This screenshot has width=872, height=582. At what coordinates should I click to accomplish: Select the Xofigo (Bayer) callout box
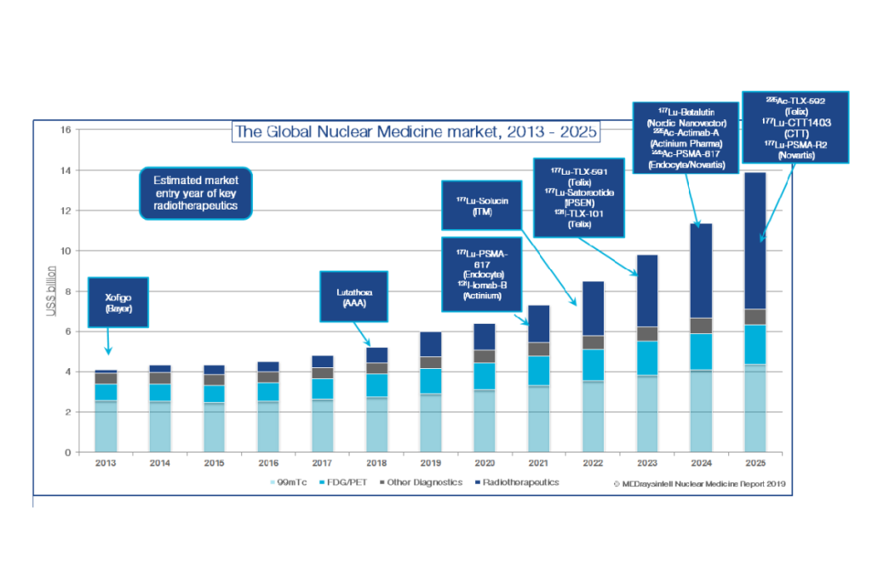pyautogui.click(x=118, y=300)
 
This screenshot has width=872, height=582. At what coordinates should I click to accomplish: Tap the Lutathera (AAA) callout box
pyautogui.click(x=353, y=297)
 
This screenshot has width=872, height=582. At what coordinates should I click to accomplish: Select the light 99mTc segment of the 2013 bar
pyautogui.click(x=106, y=426)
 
